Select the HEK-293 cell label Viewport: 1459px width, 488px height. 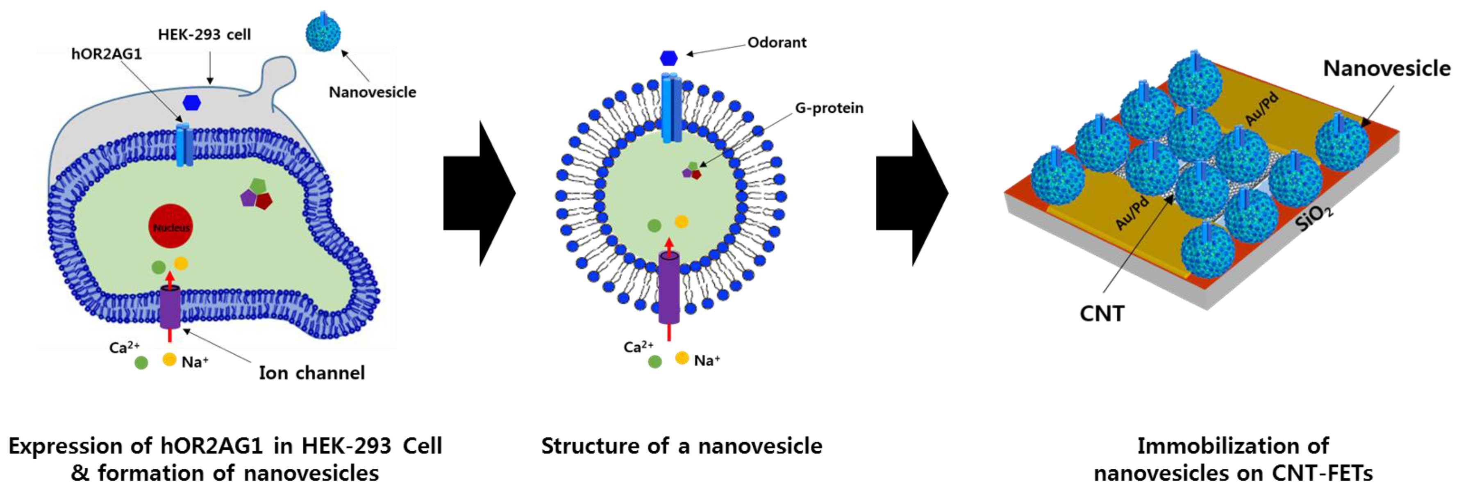coord(204,34)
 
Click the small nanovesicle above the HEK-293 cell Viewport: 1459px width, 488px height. coord(323,33)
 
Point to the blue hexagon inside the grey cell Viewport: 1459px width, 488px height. coord(191,103)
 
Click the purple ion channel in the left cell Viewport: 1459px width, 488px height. coord(169,307)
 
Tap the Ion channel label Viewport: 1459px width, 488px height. coord(311,373)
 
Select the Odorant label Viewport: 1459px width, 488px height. coord(777,43)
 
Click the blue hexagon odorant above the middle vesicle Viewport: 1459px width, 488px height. coord(669,58)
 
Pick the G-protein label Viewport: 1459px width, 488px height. coord(829,108)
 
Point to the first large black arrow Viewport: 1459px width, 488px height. coord(479,193)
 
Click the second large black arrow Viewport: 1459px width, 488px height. coord(911,193)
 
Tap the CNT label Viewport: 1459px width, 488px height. coord(1102,313)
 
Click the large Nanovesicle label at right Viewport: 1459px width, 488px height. coord(1386,68)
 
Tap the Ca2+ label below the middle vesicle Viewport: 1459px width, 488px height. coord(639,347)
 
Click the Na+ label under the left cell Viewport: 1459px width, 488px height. coord(195,362)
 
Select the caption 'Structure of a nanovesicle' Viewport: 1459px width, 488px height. coord(682,446)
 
